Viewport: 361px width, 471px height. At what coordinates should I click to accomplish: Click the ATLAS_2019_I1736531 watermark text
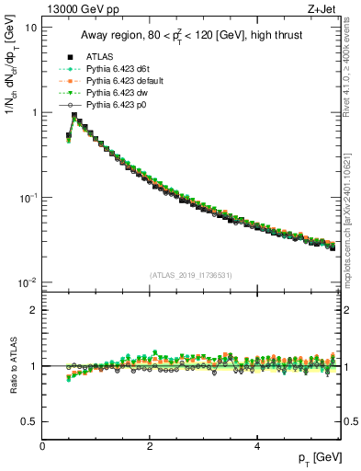pos(191,274)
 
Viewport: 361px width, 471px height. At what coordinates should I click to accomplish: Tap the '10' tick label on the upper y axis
pos(30,28)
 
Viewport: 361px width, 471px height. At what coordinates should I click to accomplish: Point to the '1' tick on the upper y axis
pos(33,112)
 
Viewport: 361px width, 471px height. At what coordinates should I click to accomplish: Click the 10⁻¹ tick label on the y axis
pos(28,198)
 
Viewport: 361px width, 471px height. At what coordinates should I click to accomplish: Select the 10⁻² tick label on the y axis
pos(28,282)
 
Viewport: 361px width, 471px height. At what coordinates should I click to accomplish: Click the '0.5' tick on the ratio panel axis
pos(28,421)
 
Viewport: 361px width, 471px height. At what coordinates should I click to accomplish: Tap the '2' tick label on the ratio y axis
pos(33,310)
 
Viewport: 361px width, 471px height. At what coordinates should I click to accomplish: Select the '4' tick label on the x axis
pos(256,445)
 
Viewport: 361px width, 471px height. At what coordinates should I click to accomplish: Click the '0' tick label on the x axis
pos(42,445)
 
